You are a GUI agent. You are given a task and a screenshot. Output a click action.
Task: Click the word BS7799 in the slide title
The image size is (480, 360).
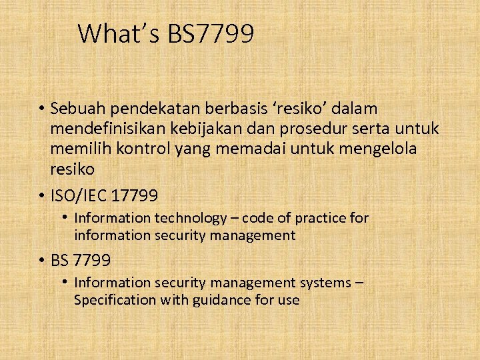click(x=211, y=33)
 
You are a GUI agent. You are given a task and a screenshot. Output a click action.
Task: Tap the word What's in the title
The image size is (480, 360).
click(x=119, y=33)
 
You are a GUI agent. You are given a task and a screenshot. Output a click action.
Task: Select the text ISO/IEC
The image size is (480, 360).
click(x=79, y=196)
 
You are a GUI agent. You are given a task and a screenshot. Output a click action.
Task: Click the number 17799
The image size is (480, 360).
click(x=135, y=196)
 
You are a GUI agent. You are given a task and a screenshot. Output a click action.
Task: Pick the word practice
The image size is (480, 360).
click(x=323, y=219)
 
